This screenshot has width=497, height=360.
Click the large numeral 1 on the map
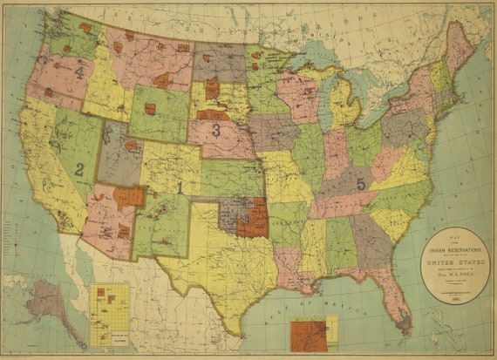click(180, 187)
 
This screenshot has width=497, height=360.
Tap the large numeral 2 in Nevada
click(78, 169)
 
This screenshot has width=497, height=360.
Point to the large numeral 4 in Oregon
click(79, 72)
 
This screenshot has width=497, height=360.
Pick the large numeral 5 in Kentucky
click(360, 183)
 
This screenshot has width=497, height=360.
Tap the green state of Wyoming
click(157, 113)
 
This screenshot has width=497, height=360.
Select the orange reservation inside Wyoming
click(150, 109)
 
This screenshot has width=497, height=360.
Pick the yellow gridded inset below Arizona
click(110, 314)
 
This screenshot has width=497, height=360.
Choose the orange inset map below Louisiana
click(309, 335)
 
